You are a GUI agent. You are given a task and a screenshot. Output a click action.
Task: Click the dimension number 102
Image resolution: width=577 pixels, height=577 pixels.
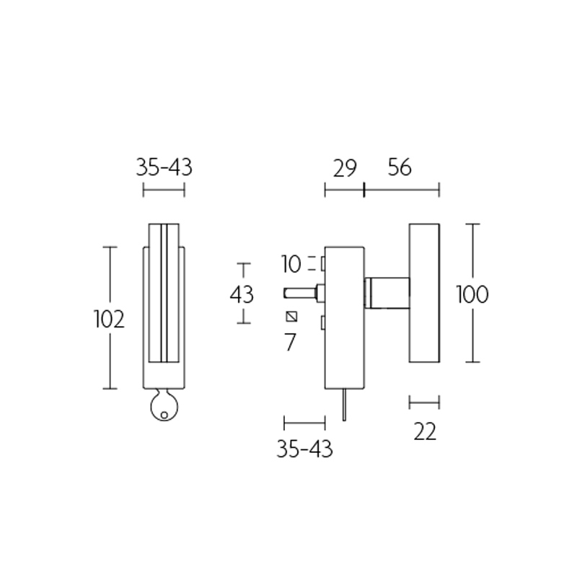click(x=110, y=319)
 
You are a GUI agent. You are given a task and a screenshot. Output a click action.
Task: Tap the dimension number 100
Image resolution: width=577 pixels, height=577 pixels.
click(x=472, y=294)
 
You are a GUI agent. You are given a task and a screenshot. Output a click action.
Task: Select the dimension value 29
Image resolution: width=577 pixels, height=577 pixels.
click(x=345, y=168)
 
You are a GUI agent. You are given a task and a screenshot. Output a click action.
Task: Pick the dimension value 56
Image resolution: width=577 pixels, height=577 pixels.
click(x=399, y=168)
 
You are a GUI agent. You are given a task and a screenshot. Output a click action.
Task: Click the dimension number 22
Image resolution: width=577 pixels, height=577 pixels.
click(x=425, y=431)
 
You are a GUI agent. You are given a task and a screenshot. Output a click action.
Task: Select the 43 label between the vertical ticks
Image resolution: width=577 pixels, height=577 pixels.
click(x=242, y=294)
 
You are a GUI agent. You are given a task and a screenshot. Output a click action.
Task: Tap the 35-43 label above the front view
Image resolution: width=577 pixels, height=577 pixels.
click(x=164, y=168)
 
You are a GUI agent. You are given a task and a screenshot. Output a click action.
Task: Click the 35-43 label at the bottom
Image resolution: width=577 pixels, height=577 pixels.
click(x=304, y=449)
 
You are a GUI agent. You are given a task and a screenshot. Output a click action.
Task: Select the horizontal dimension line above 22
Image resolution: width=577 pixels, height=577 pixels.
click(x=424, y=402)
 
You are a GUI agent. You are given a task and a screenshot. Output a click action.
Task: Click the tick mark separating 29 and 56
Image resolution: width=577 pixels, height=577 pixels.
click(x=365, y=190)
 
